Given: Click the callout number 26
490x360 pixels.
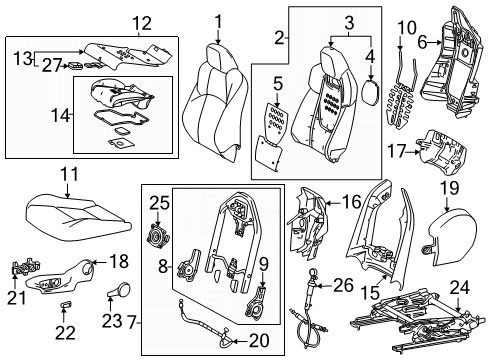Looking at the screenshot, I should pyautogui.click(x=342, y=286).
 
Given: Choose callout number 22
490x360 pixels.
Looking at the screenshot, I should pyautogui.click(x=67, y=331).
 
